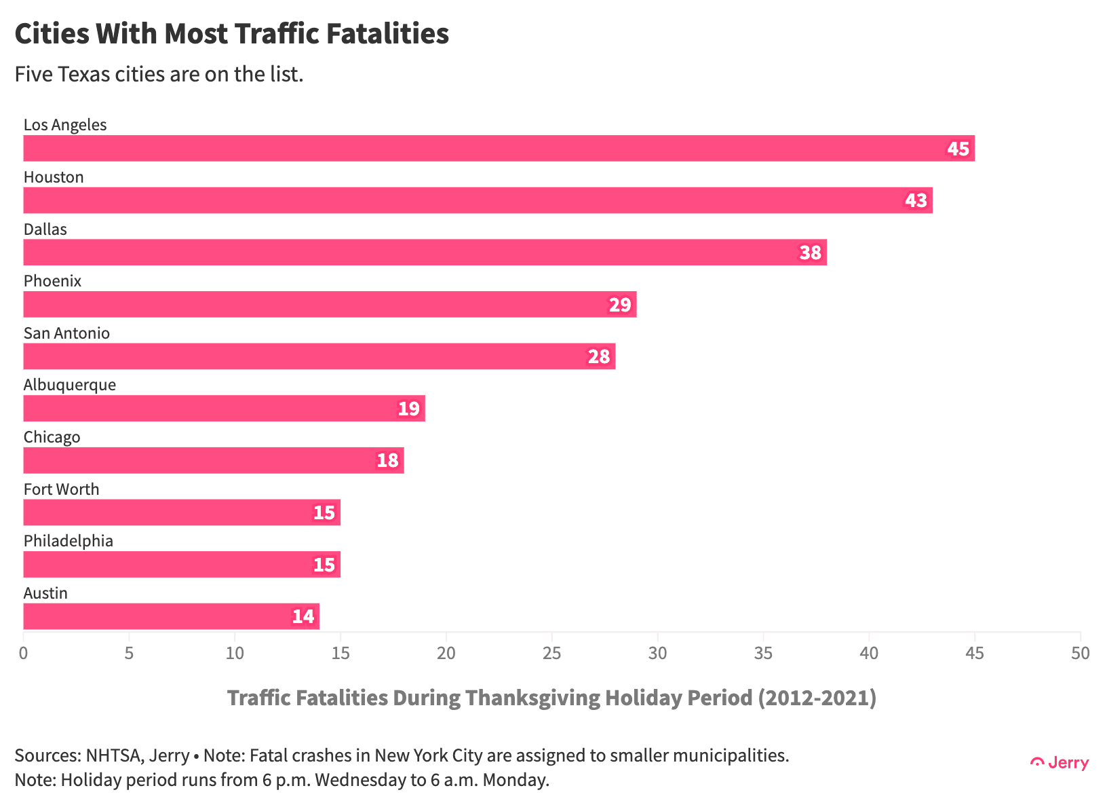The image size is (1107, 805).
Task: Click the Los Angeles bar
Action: point(499,148)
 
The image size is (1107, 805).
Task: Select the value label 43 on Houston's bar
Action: point(916,200)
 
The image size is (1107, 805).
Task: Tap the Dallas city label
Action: point(45,229)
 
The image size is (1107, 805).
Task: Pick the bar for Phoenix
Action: point(330,304)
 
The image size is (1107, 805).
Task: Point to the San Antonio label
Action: point(66,333)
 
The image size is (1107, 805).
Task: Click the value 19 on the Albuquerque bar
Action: point(408,409)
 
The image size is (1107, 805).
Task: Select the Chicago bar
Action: point(214,460)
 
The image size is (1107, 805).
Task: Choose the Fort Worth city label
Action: point(61,489)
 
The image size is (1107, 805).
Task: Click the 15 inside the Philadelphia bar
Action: point(324,565)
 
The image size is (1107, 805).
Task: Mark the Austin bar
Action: point(171,616)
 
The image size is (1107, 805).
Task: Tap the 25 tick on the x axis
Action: point(552,653)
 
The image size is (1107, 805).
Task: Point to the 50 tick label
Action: point(1080,653)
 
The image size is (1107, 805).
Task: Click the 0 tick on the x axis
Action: point(24,653)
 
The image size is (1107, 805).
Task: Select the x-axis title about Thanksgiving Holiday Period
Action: point(551,698)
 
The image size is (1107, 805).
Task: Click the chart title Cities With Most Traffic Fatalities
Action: point(231,33)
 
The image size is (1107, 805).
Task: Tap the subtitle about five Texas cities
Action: point(159,74)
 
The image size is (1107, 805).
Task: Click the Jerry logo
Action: point(1060,763)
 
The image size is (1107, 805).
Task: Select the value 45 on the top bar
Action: point(958,148)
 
